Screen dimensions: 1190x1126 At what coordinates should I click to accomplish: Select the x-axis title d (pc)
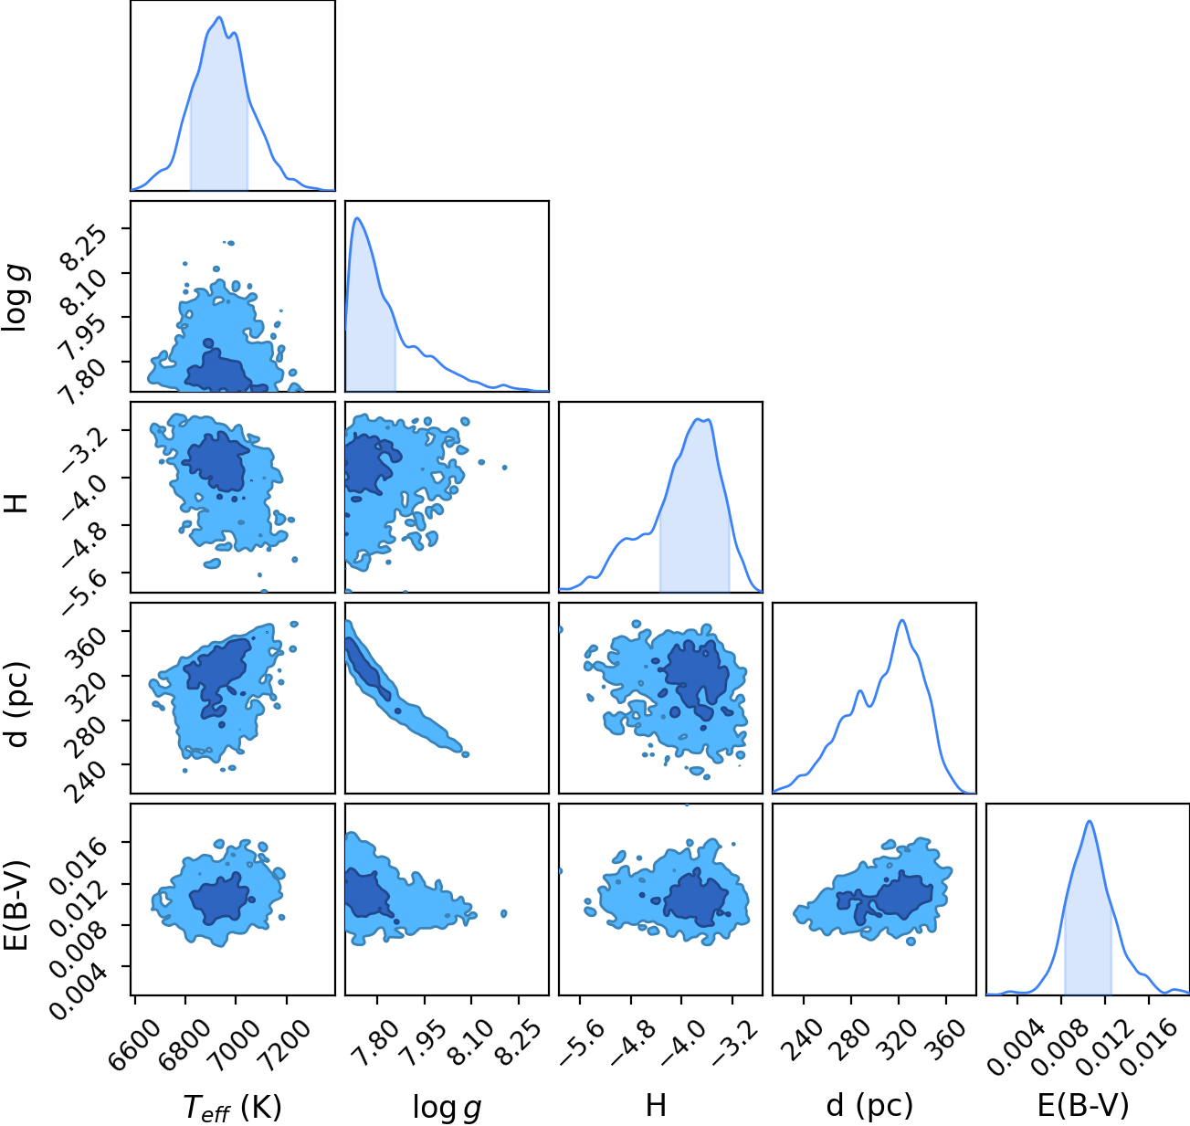tap(869, 1106)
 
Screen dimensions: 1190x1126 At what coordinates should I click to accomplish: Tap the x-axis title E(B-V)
tap(1083, 1106)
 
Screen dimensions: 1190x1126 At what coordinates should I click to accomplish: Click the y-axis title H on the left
tap(16, 502)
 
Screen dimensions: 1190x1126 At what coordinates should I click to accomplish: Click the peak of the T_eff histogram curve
tap(219, 17)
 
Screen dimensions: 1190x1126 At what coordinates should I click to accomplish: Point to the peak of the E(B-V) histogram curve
tap(1090, 822)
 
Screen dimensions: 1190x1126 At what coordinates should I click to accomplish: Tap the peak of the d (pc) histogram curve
tap(902, 620)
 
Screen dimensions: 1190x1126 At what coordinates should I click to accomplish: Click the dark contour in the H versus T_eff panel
tap(216, 461)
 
